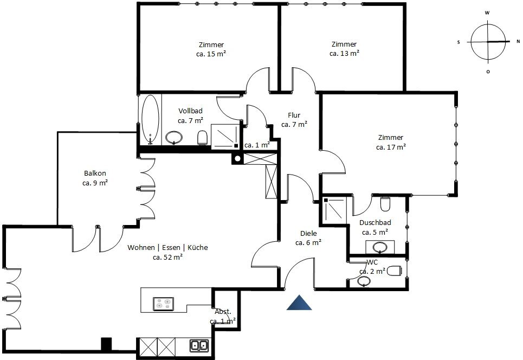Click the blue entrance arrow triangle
pyautogui.click(x=299, y=303)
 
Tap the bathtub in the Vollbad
pyautogui.click(x=150, y=120)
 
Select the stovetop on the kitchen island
pyautogui.click(x=164, y=304)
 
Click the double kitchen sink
pyautogui.click(x=199, y=346)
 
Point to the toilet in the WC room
pyautogui.click(x=393, y=271)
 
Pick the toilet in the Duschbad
pyautogui.click(x=385, y=204)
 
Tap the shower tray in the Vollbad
pyautogui.click(x=225, y=136)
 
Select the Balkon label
pyautogui.click(x=95, y=173)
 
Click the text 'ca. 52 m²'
pyautogui.click(x=167, y=257)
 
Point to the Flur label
pyautogui.click(x=294, y=115)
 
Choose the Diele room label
pyautogui.click(x=308, y=233)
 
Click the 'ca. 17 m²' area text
pyautogui.click(x=391, y=147)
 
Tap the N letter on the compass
pyautogui.click(x=518, y=42)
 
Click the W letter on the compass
pyautogui.click(x=487, y=13)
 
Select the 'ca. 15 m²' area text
pyautogui.click(x=211, y=54)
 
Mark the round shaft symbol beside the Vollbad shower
pyautogui.click(x=237, y=158)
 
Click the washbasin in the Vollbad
pyautogui.click(x=174, y=137)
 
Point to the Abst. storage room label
pyautogui.click(x=223, y=312)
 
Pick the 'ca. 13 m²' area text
pyautogui.click(x=344, y=53)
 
